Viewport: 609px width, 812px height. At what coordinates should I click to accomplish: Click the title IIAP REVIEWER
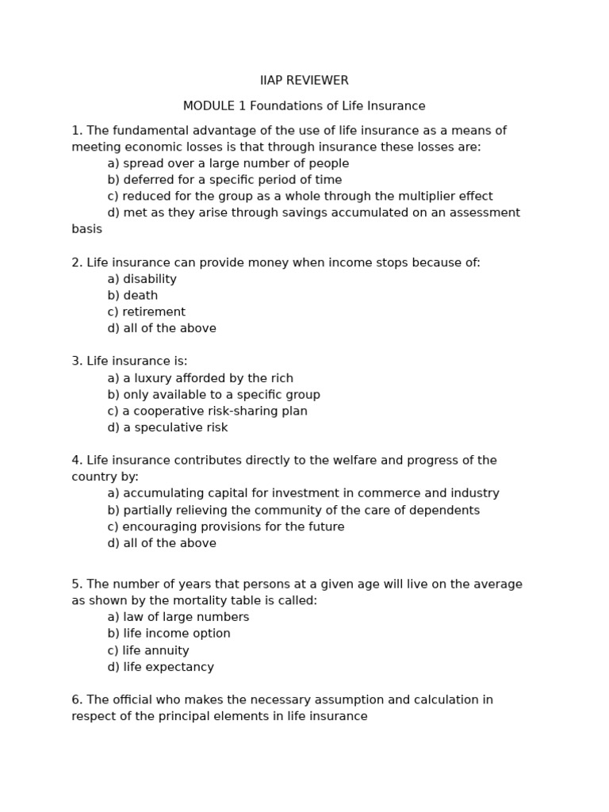point(304,81)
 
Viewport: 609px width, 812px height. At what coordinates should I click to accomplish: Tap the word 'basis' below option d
point(86,229)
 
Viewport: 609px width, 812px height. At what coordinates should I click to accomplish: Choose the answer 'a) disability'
point(142,279)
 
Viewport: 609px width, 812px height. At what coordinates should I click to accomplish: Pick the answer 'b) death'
point(132,296)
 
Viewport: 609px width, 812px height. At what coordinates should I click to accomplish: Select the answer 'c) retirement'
point(146,312)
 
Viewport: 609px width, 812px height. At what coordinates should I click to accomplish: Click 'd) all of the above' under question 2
point(162,328)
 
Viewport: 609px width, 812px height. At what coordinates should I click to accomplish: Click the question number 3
point(77,362)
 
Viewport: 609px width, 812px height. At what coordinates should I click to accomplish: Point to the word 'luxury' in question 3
point(155,378)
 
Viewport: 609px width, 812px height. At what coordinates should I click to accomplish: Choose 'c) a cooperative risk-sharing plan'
point(207,412)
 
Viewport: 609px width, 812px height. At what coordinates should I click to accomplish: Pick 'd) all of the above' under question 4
point(162,543)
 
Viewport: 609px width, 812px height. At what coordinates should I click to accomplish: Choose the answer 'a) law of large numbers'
point(178,617)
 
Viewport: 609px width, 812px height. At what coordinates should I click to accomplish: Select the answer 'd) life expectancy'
point(160,668)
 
